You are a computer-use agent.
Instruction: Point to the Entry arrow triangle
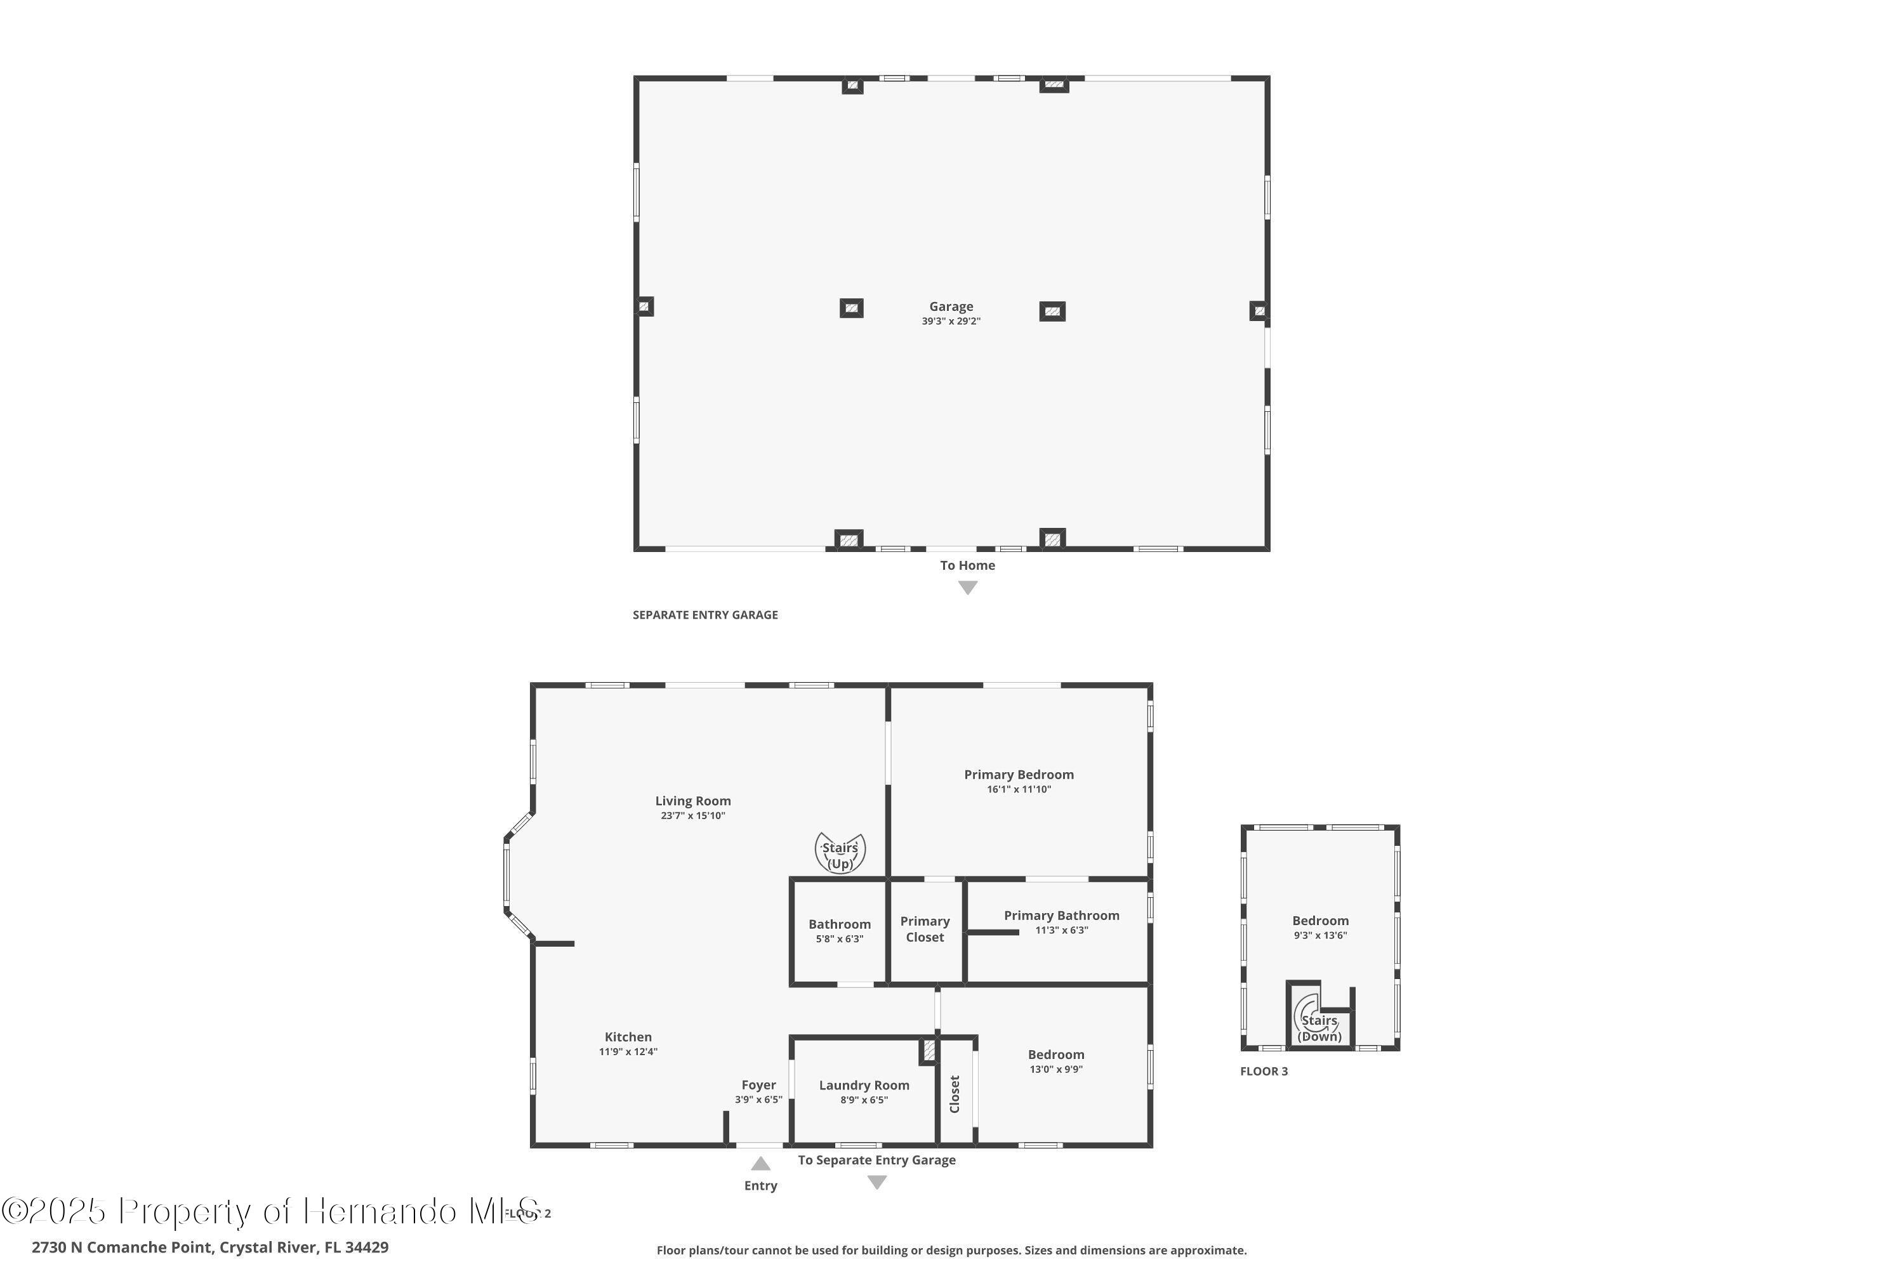pos(760,1164)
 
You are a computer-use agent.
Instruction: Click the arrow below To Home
pos(967,588)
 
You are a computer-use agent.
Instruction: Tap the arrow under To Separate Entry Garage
pos(876,1183)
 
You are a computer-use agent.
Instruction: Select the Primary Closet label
pos(925,929)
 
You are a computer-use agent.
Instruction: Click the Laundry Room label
pos(864,1085)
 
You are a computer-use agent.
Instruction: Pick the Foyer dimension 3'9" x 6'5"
pos(758,1100)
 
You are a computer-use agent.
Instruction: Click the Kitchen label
pos(628,1037)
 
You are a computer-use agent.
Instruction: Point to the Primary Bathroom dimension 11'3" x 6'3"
pos(1061,930)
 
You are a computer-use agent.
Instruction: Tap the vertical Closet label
pos(955,1093)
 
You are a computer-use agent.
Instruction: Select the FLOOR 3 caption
pos(1264,1072)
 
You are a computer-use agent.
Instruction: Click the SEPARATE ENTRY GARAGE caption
pos(705,615)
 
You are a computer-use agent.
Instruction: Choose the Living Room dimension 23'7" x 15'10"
pos(693,816)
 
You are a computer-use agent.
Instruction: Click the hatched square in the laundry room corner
pos(929,1051)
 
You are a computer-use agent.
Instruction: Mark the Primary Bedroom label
pos(1019,775)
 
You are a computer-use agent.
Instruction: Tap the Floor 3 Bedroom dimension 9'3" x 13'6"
pos(1320,935)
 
